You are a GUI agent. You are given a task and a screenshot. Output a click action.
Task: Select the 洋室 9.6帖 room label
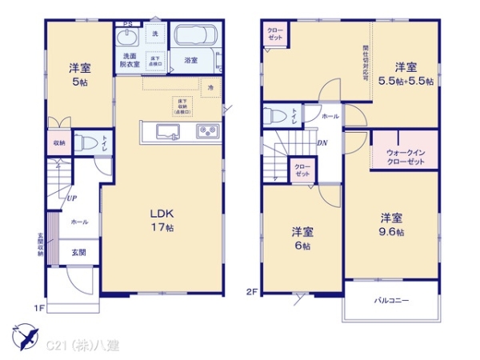(391, 224)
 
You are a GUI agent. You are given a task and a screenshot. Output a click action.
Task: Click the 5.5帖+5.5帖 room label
(406, 74)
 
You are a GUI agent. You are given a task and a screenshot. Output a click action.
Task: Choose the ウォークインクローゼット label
(405, 156)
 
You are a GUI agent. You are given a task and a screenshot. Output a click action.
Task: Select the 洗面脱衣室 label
(130, 59)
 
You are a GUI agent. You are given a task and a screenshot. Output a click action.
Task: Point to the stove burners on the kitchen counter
(206, 132)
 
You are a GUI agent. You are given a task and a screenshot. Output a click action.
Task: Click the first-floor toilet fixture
(90, 145)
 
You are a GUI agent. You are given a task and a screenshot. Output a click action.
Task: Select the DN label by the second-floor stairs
(322, 143)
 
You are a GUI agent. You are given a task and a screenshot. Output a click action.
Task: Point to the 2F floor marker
(250, 291)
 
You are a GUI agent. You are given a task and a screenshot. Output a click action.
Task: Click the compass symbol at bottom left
(22, 334)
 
